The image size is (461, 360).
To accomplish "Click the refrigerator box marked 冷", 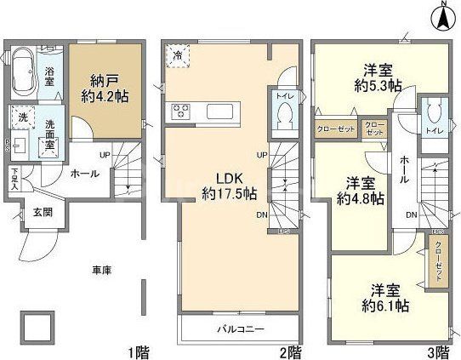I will [179, 55].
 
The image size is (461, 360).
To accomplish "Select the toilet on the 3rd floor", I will [434, 115].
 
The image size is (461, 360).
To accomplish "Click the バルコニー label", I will [238, 329].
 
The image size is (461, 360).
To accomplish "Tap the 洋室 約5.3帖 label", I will [378, 77].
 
